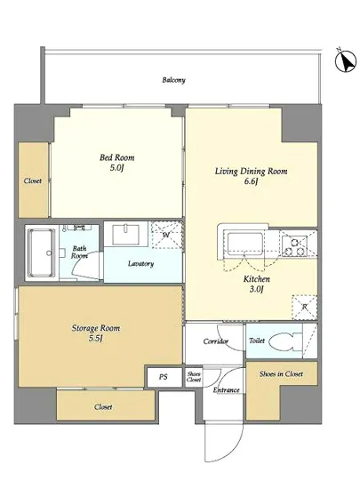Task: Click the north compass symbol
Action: [346, 60]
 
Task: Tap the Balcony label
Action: [173, 80]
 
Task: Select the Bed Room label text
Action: [116, 157]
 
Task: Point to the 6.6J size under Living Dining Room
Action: [251, 181]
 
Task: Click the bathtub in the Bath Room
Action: [41, 253]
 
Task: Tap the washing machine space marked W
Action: [166, 235]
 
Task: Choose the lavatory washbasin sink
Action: [126, 235]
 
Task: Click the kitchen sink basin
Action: [244, 244]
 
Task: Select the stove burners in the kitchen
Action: [294, 246]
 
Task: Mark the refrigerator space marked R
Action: [304, 308]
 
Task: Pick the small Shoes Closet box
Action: [194, 377]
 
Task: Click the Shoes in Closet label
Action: [281, 374]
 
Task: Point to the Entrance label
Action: [227, 389]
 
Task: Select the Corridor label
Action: [216, 341]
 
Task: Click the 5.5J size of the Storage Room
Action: [96, 339]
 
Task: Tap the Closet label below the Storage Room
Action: [103, 407]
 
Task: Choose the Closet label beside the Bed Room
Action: [33, 180]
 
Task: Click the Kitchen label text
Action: [257, 279]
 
